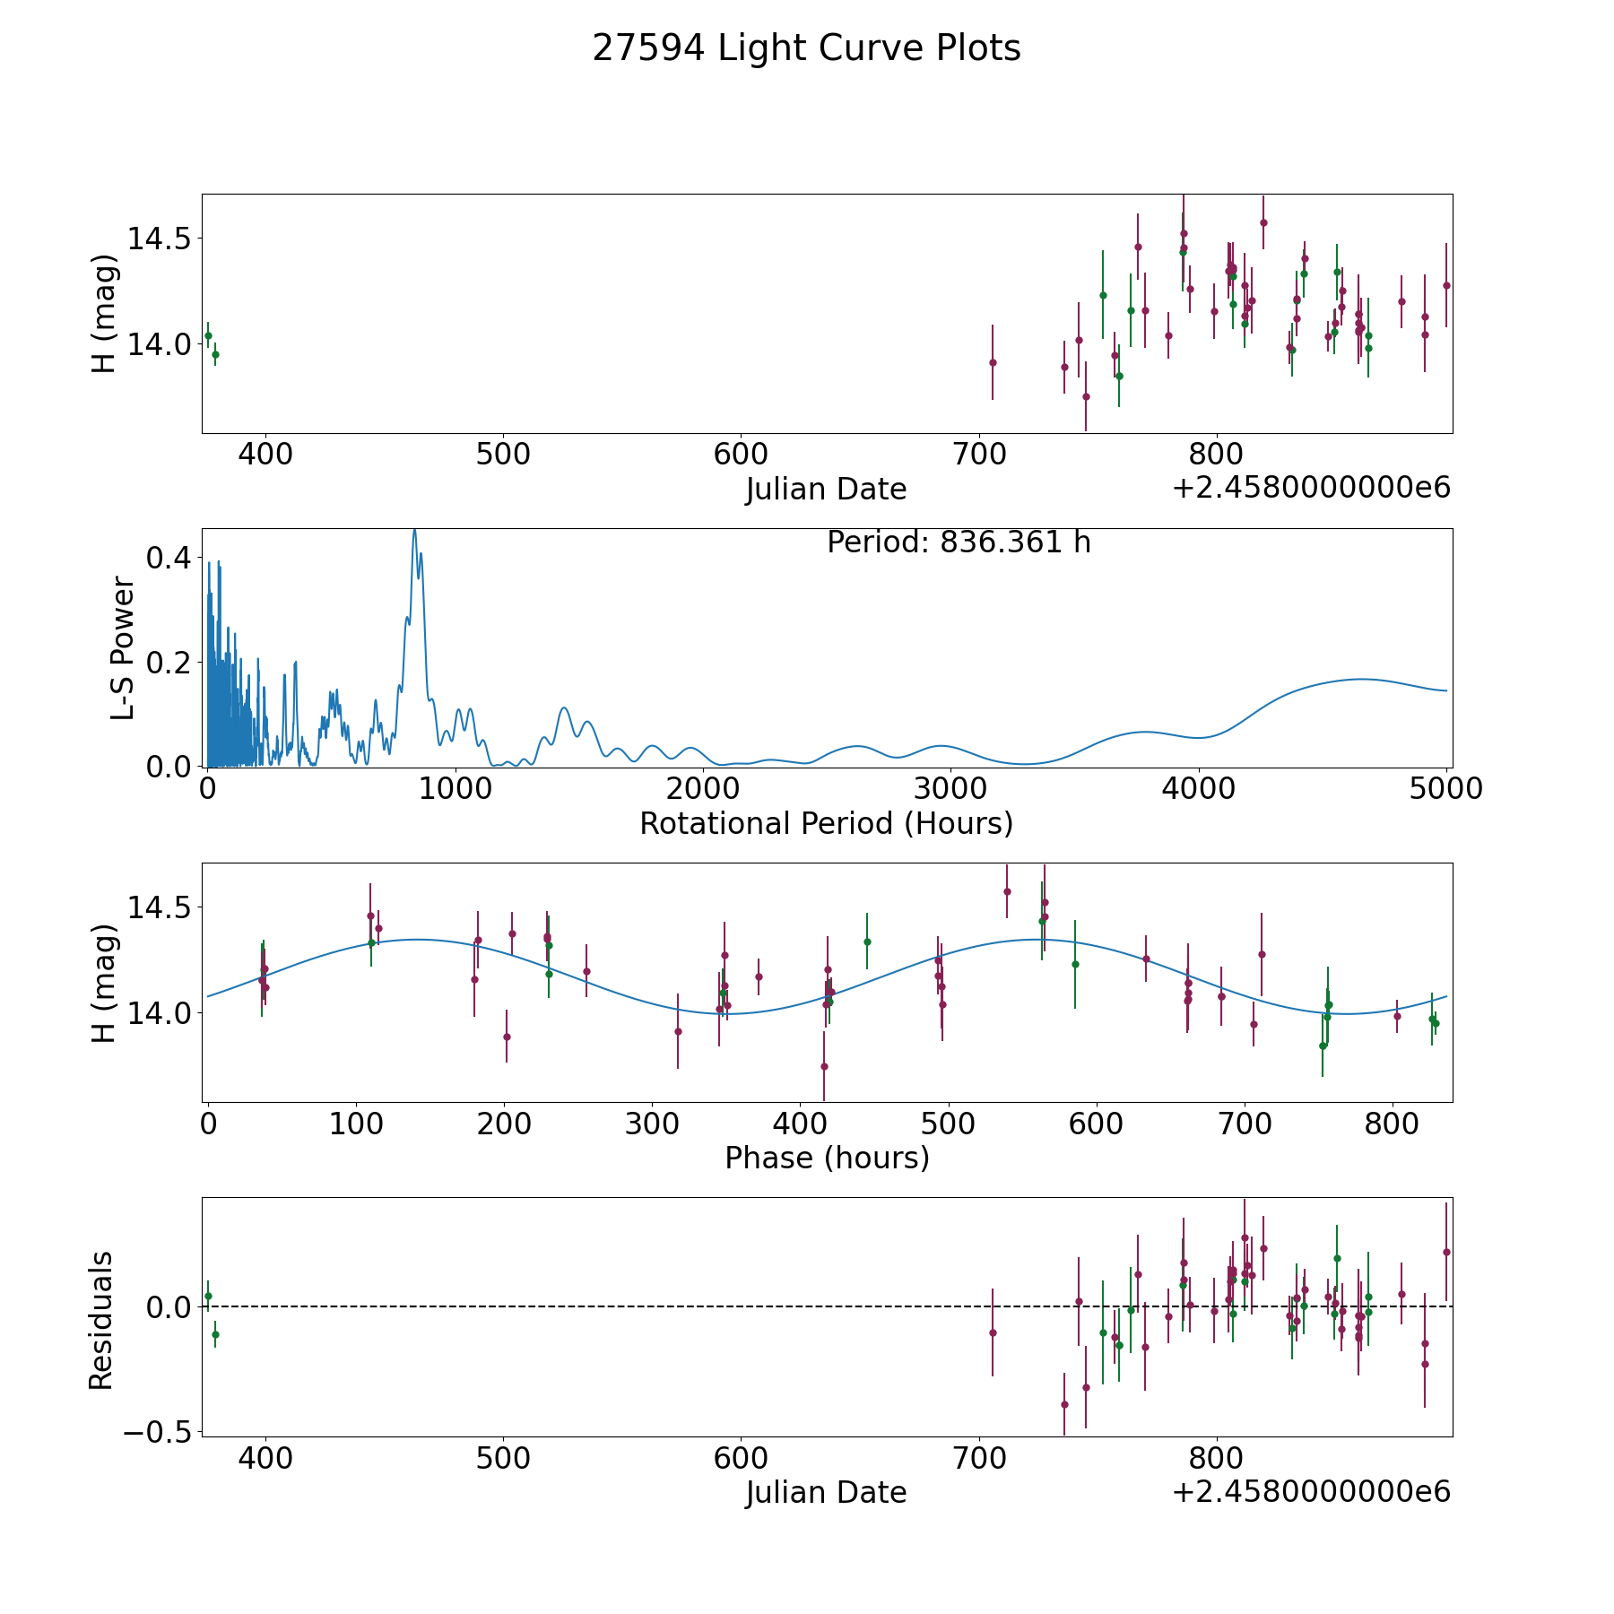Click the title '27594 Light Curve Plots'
coord(806,48)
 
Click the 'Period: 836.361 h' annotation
coord(959,542)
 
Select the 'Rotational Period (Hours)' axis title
coord(826,823)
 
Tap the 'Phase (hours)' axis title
coord(827,1158)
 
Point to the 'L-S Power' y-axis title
coord(123,647)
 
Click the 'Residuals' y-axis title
coord(101,1320)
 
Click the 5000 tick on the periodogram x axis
coord(1446,789)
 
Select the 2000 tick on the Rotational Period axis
coord(703,789)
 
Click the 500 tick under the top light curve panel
coord(503,455)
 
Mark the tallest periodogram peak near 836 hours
coord(414,530)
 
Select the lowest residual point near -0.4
coord(1064,1404)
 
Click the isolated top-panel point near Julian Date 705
coord(993,362)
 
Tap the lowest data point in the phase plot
coord(824,1066)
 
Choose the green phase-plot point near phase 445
coord(867,941)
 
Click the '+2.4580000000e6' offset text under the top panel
coord(1311,488)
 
